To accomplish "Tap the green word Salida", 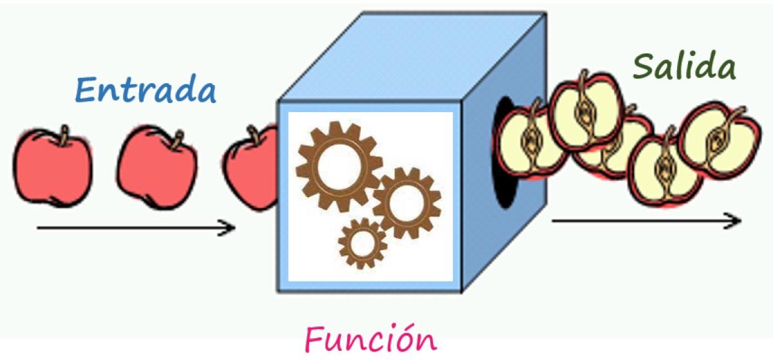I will pos(684,66).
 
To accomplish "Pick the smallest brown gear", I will pos(363,243).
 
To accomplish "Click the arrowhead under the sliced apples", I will pos(734,221).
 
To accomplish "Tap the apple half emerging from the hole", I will pos(528,142).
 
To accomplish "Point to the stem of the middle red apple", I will pos(175,137).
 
